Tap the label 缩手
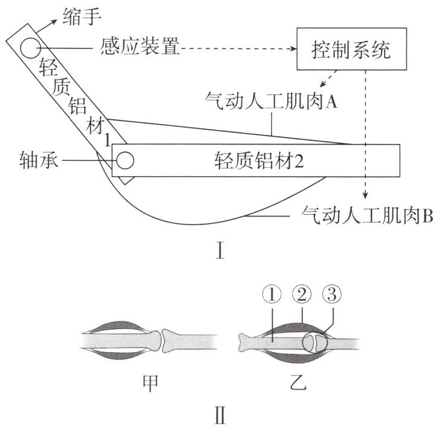(80, 11)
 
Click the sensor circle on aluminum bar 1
(28, 46)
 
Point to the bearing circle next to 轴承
(125, 160)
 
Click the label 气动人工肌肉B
(366, 213)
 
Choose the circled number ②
(301, 295)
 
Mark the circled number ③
(331, 295)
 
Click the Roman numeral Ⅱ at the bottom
(221, 417)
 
